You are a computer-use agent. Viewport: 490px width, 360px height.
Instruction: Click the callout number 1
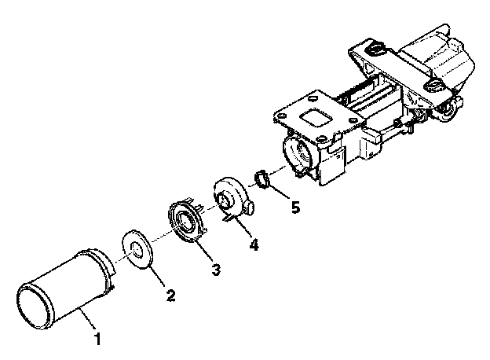[x=98, y=339]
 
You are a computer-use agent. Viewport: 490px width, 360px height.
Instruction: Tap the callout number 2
[x=171, y=296]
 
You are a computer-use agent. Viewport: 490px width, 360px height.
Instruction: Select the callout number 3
[x=216, y=270]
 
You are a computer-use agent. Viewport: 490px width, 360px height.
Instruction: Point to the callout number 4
[x=254, y=244]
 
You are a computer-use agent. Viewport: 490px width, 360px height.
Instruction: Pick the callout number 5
[x=295, y=207]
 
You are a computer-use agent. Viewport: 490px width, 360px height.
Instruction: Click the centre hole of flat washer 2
[x=137, y=249]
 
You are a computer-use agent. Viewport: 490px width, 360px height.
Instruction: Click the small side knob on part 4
[x=250, y=208]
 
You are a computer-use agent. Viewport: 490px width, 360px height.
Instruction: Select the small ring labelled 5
[x=262, y=179]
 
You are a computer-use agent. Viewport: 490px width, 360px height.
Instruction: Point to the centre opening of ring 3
[x=185, y=221]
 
